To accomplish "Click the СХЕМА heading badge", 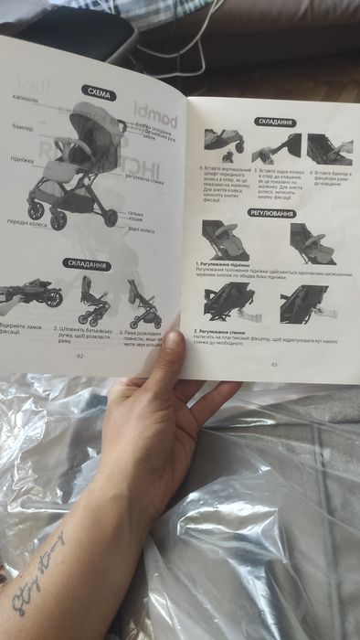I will (x=98, y=91).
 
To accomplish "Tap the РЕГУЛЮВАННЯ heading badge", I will (x=273, y=213).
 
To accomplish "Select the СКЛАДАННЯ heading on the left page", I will (x=89, y=264).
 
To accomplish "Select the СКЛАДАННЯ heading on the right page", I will (x=275, y=122).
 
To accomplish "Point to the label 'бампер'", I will (x=24, y=126).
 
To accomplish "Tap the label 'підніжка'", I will (x=24, y=158).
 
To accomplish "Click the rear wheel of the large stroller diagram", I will (x=111, y=217).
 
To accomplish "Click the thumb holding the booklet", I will (x=173, y=357).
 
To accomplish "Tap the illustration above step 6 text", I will (x=330, y=147).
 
